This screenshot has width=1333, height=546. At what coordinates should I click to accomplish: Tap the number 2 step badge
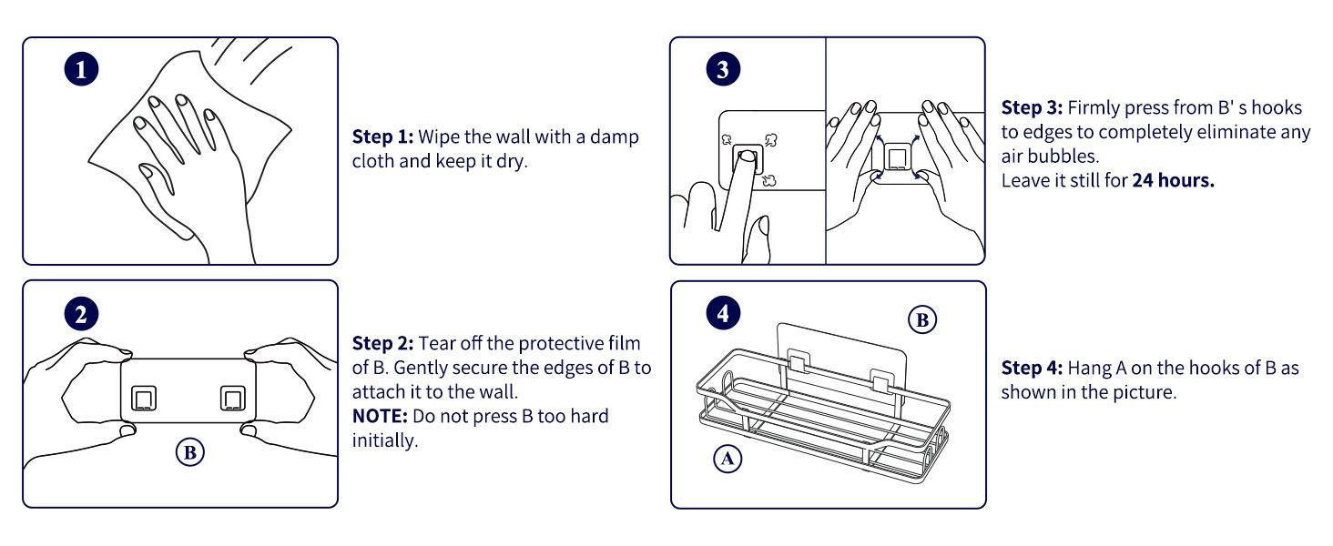[x=82, y=316]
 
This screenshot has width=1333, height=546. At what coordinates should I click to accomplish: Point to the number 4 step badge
[x=723, y=313]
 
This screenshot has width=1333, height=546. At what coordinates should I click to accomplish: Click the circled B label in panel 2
[x=192, y=452]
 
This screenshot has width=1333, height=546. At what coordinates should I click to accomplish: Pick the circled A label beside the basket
[x=727, y=460]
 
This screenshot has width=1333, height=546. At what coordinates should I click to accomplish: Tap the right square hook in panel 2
[x=234, y=399]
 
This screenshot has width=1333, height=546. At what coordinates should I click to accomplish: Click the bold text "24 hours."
[x=1173, y=180]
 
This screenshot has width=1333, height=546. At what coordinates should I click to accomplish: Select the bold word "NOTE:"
[x=380, y=416]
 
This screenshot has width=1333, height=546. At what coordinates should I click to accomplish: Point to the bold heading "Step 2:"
[x=382, y=343]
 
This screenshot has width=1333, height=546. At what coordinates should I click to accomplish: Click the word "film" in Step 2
[x=626, y=343]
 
